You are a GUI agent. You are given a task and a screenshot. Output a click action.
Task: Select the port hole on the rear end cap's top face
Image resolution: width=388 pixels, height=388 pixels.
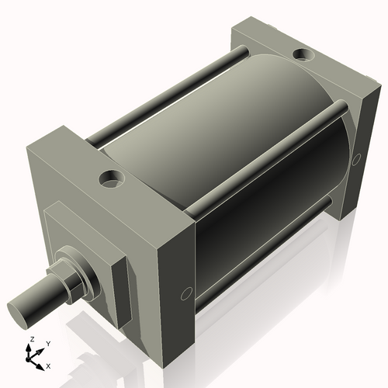pos(301,55)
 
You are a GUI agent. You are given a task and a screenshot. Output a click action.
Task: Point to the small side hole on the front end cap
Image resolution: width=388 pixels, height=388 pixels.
pos(185,293)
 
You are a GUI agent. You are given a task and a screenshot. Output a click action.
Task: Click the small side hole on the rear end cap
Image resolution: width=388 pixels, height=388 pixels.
pos(357,159)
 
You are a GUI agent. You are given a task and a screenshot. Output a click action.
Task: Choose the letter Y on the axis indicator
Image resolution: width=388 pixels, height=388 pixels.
pos(47,343)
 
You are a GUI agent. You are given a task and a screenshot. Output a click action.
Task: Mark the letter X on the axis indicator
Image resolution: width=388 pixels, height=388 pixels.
pos(48,365)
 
